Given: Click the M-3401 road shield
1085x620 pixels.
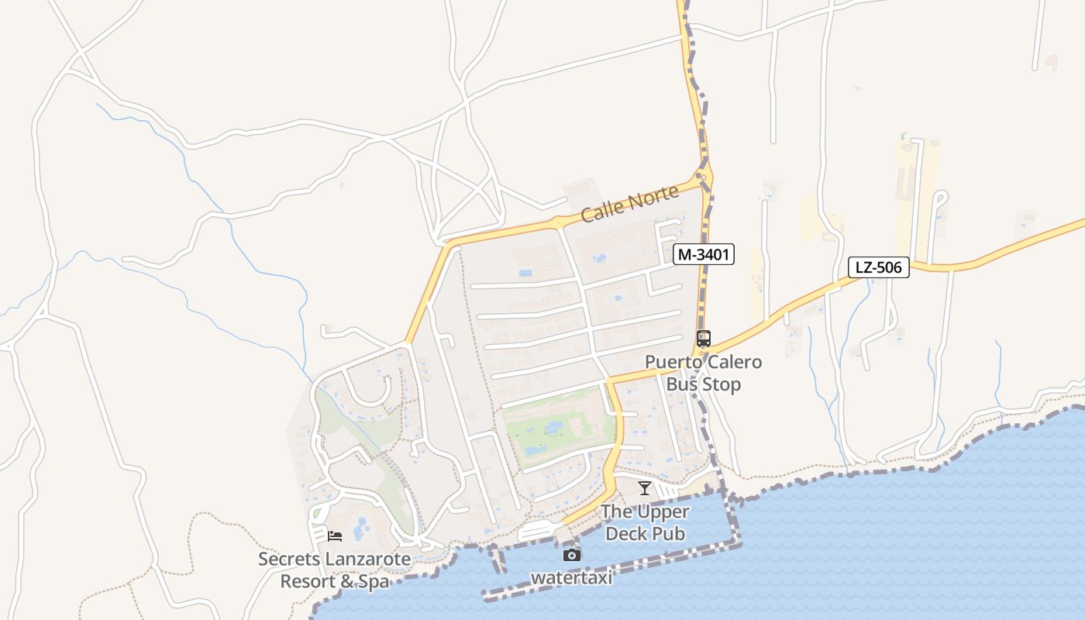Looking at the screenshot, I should [703, 254].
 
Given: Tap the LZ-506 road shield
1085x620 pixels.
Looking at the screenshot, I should [878, 267].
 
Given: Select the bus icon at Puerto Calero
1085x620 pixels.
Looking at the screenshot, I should [703, 339].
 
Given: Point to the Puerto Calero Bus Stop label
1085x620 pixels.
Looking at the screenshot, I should [703, 373].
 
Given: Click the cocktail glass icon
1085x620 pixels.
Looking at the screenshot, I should [644, 487].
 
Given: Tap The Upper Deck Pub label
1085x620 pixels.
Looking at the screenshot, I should [645, 522].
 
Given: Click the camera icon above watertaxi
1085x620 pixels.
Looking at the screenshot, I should [571, 555].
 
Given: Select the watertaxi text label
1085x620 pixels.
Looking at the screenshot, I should [571, 577].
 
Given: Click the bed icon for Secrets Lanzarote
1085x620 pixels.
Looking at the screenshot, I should [335, 536].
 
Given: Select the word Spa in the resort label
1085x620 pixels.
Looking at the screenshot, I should [372, 581].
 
